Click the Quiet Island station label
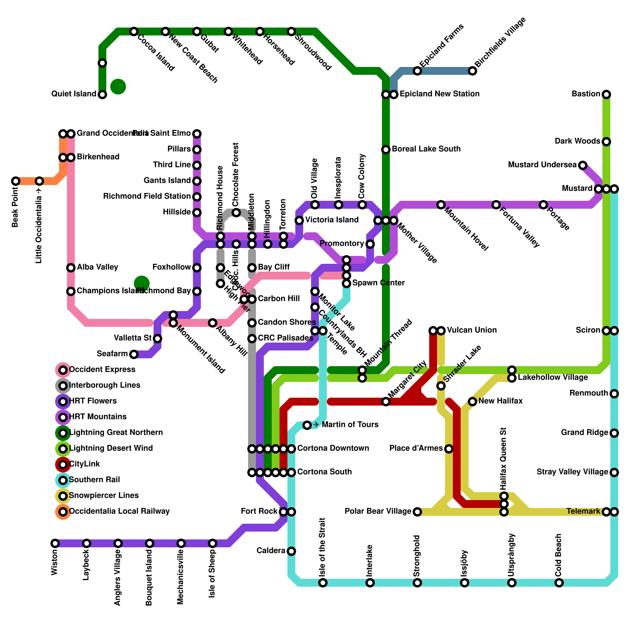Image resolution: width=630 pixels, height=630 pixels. [74, 94]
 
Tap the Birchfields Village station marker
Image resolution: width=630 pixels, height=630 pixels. [472, 71]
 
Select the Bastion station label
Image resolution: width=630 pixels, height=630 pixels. [586, 94]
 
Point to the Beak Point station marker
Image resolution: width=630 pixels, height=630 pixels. [16, 181]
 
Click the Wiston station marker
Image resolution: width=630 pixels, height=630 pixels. [55, 543]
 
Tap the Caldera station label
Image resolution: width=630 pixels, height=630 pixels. [271, 551]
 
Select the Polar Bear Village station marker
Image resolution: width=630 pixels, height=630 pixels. [417, 512]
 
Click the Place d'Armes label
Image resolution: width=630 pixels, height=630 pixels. [416, 448]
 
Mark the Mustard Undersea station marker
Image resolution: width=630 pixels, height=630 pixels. [583, 165]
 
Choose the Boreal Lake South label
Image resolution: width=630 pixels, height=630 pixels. [426, 149]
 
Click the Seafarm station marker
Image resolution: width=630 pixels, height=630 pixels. [134, 354]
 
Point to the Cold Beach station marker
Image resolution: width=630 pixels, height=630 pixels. [559, 583]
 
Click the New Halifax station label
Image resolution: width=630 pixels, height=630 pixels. [500, 401]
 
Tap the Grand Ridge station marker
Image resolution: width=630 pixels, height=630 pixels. [614, 433]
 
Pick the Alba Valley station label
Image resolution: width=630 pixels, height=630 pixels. [97, 267]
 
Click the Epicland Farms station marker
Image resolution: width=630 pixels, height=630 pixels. [417, 71]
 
